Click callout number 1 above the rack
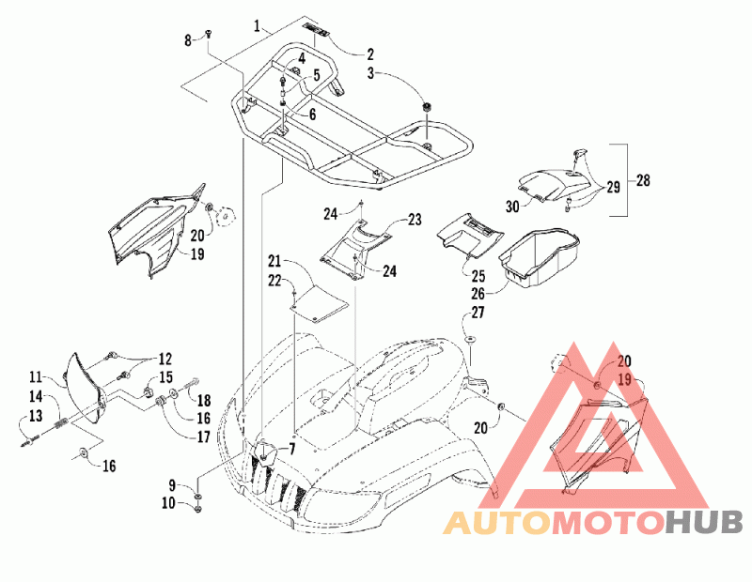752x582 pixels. click(258, 25)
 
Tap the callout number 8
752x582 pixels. click(187, 40)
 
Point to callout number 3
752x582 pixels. click(370, 74)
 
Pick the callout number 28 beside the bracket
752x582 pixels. click(643, 180)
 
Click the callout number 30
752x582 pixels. click(512, 207)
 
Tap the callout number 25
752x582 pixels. click(478, 276)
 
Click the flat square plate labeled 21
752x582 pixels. click(320, 304)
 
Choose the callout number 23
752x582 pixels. click(415, 220)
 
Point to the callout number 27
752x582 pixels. click(478, 313)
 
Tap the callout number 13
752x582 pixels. click(36, 416)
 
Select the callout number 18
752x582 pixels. click(204, 401)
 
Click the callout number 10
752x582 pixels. click(168, 503)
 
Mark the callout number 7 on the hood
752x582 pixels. click(291, 450)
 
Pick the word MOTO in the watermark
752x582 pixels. click(608, 523)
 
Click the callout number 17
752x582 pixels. click(204, 436)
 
